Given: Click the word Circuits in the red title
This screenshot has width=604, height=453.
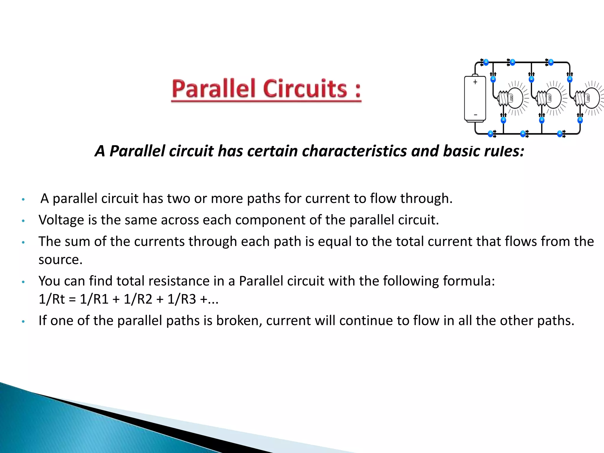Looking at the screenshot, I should (x=305, y=89).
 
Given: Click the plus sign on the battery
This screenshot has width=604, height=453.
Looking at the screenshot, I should (x=475, y=82).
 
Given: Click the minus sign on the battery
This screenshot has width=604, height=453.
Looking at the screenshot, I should (x=475, y=115).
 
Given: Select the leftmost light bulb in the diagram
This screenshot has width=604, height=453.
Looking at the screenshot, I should (x=511, y=98).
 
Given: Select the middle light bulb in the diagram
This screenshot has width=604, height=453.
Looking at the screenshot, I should (x=550, y=98).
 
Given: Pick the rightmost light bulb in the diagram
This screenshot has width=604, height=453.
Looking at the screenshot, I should (x=588, y=98).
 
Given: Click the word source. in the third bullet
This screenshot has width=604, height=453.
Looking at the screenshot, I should (x=60, y=260).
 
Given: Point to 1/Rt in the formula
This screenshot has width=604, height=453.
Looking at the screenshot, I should (x=52, y=299).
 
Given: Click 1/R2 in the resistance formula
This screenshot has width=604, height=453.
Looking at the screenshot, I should (x=138, y=299).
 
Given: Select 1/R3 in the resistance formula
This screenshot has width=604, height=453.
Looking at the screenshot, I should (x=182, y=299).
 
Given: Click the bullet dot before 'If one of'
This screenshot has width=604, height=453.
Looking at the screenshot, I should (x=23, y=321).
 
